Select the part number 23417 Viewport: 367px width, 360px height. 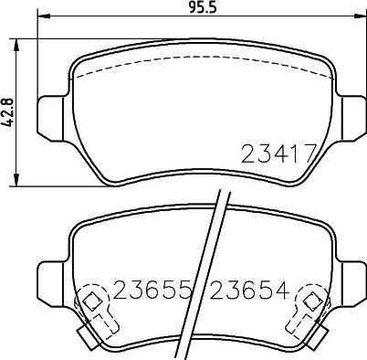[x=278, y=154]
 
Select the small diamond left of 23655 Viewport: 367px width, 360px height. [x=92, y=299]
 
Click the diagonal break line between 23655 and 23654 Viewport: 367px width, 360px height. [x=207, y=274]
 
